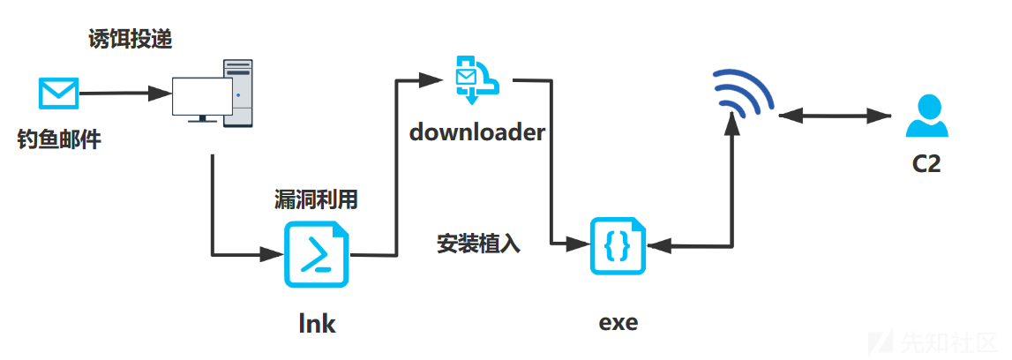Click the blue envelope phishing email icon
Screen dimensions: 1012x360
[x=58, y=93]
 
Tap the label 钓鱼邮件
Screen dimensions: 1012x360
[x=59, y=139]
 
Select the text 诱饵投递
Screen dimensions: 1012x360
[x=131, y=40]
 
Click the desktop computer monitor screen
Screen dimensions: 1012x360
[x=202, y=97]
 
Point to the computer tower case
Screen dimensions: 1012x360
[x=237, y=93]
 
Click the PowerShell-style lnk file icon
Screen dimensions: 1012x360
[x=316, y=255]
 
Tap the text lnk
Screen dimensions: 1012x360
[x=317, y=322]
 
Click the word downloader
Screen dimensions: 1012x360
[x=477, y=132]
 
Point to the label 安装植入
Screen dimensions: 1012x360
[x=478, y=244]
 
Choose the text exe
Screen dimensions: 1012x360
[x=618, y=321]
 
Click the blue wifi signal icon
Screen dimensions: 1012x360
[x=742, y=93]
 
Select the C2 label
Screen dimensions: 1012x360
[x=926, y=164]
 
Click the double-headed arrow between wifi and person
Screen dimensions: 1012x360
[x=836, y=116]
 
